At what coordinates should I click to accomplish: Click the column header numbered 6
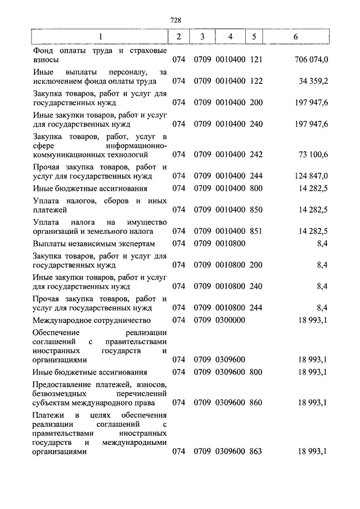pos(296,37)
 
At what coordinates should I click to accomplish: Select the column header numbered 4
pos(229,37)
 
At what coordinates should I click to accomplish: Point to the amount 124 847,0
pos(311,176)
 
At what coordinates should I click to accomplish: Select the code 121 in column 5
pos(256,58)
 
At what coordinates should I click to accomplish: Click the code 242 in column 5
pos(256,154)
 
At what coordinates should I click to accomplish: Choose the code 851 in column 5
pos(256,231)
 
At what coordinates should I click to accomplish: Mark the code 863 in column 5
pos(256,451)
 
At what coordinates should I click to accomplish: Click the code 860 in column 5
pos(256,402)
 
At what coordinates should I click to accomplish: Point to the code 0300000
pos(229,320)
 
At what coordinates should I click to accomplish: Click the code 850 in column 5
pos(256,209)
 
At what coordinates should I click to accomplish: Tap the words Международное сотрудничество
pos(92,320)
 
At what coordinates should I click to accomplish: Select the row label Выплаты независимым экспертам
pos(93,244)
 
